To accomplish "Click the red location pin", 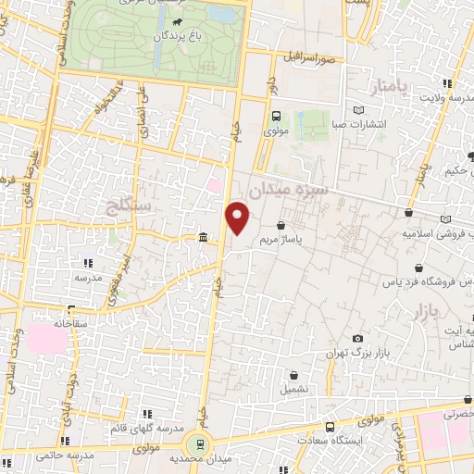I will (x=239, y=218).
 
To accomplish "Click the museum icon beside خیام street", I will (x=203, y=240).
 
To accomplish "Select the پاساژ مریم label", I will (x=281, y=239).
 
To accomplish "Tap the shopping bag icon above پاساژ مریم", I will (x=281, y=225).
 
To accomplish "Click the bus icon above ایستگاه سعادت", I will (x=331, y=427).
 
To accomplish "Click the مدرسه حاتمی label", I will (x=65, y=456).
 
